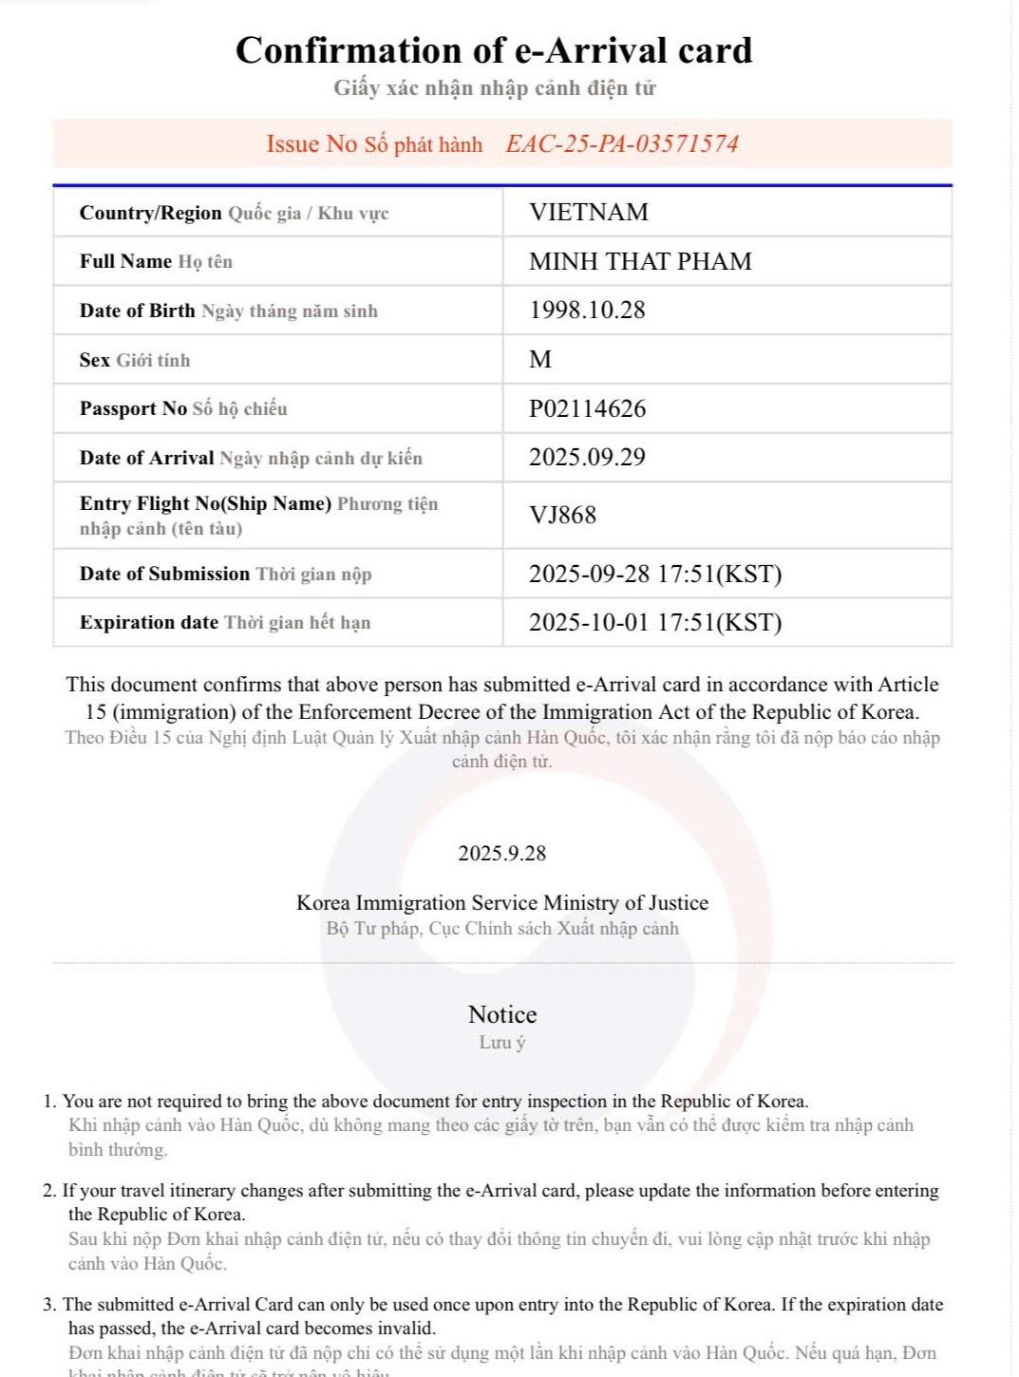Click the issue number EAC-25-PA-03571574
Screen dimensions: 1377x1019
(x=622, y=144)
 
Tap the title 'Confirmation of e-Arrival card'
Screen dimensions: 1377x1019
(x=494, y=50)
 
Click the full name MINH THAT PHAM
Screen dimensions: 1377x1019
(x=640, y=261)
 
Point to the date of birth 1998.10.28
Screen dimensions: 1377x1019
(x=587, y=311)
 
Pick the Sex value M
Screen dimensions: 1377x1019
(x=540, y=360)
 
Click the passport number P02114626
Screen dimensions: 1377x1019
(x=587, y=408)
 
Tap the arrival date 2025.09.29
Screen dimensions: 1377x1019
(x=587, y=458)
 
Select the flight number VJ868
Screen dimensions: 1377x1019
(x=562, y=515)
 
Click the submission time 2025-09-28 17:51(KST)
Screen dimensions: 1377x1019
(x=655, y=574)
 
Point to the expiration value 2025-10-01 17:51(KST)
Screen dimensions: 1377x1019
(x=655, y=623)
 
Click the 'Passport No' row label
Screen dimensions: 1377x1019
(x=133, y=409)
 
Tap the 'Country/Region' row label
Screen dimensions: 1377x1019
(x=150, y=213)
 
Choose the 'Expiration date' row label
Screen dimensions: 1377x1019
(x=149, y=623)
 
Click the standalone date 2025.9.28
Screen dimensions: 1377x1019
(x=501, y=853)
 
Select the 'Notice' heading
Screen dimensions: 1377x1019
(x=502, y=1014)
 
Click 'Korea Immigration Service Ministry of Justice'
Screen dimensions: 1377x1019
(x=502, y=902)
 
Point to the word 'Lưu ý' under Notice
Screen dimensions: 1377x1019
(x=502, y=1043)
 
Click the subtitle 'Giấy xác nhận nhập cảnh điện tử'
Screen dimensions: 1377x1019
(x=494, y=88)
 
